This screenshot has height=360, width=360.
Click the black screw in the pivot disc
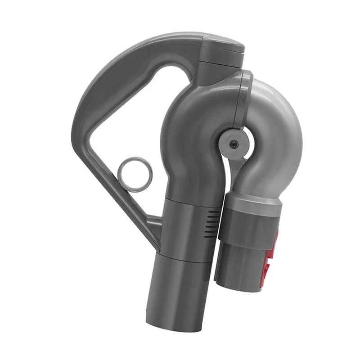pyautogui.click(x=233, y=143)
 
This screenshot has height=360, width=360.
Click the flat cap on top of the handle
pyautogui.click(x=223, y=44)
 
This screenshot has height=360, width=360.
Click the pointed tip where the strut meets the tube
pyautogui.click(x=158, y=247)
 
